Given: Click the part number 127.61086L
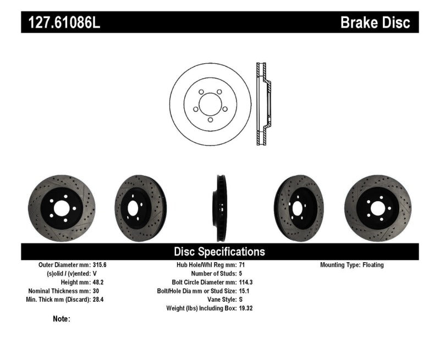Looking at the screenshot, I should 61,23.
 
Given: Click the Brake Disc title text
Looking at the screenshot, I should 376,23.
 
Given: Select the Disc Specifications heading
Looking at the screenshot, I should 219,252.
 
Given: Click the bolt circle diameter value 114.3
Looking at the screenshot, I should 245,282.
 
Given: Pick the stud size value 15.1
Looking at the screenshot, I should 244,291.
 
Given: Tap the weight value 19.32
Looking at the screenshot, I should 245,308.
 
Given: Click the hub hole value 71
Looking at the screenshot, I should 241,265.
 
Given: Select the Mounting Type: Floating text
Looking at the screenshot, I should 352,265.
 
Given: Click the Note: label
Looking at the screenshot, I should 62,319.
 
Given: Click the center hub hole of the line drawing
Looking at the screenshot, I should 210,104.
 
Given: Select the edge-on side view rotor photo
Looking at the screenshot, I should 219,206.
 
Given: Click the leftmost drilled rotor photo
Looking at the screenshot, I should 61,206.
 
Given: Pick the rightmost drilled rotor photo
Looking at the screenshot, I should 377,206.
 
